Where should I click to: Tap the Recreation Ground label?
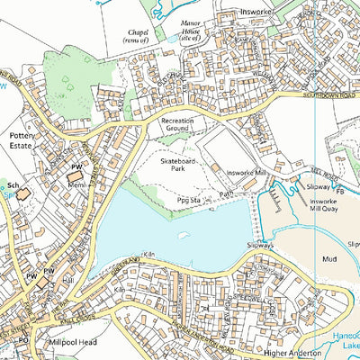tap(177, 125)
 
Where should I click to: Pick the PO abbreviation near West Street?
tap(24, 342)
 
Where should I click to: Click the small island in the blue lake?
tap(184, 236)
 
